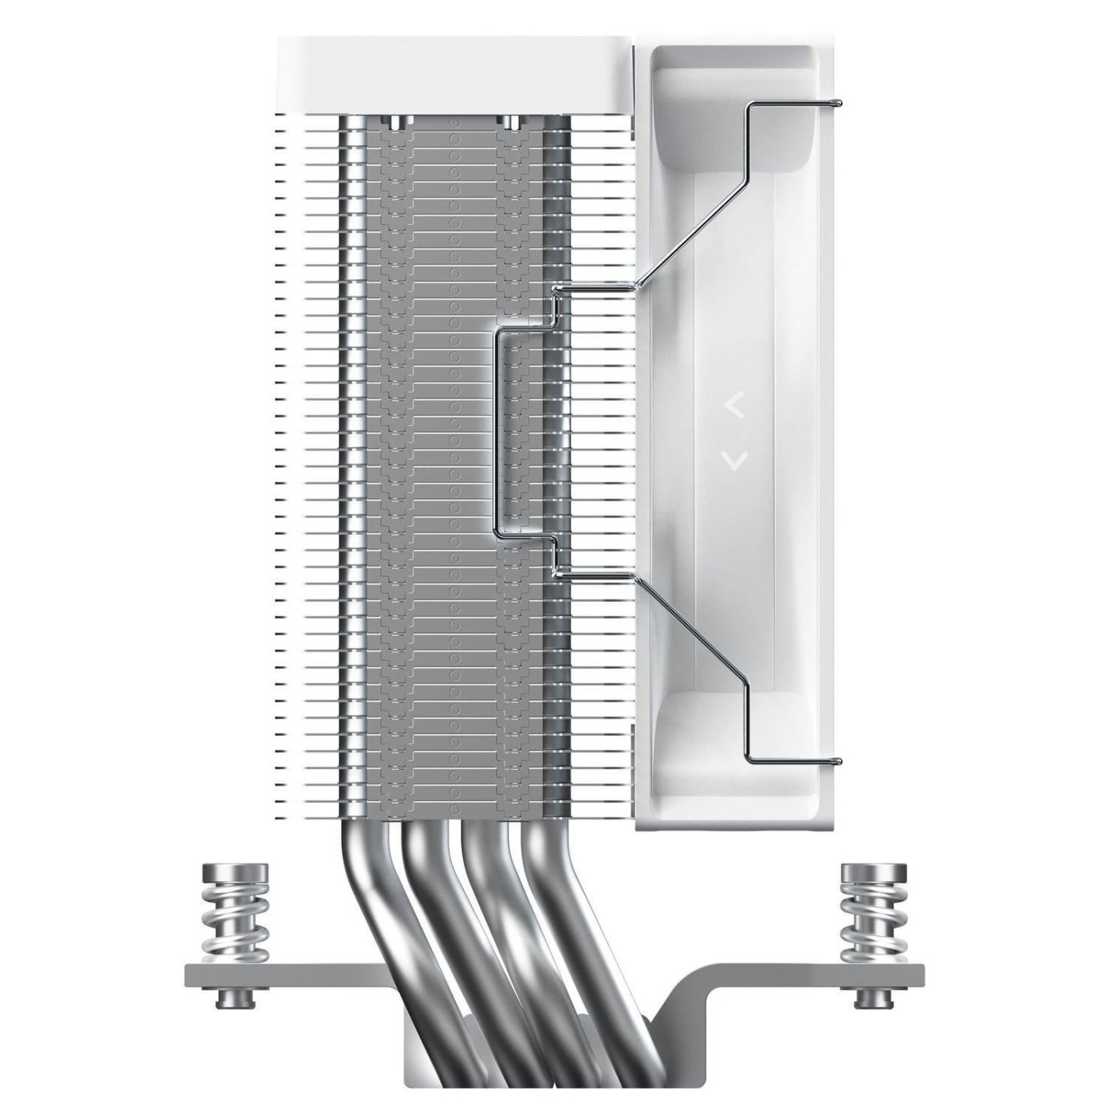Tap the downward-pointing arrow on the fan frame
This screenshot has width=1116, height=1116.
[735, 458]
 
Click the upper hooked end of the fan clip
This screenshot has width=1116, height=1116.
[835, 103]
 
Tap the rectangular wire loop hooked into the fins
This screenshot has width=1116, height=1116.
[499, 430]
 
